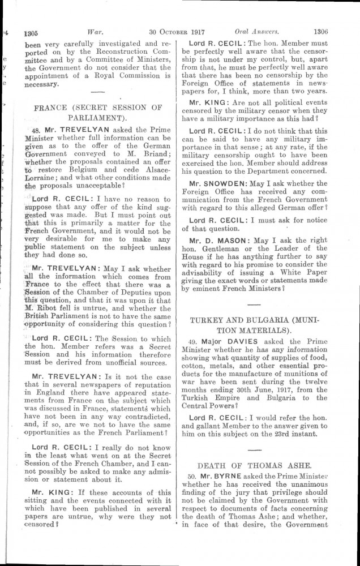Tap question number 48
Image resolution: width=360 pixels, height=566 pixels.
point(33,129)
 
